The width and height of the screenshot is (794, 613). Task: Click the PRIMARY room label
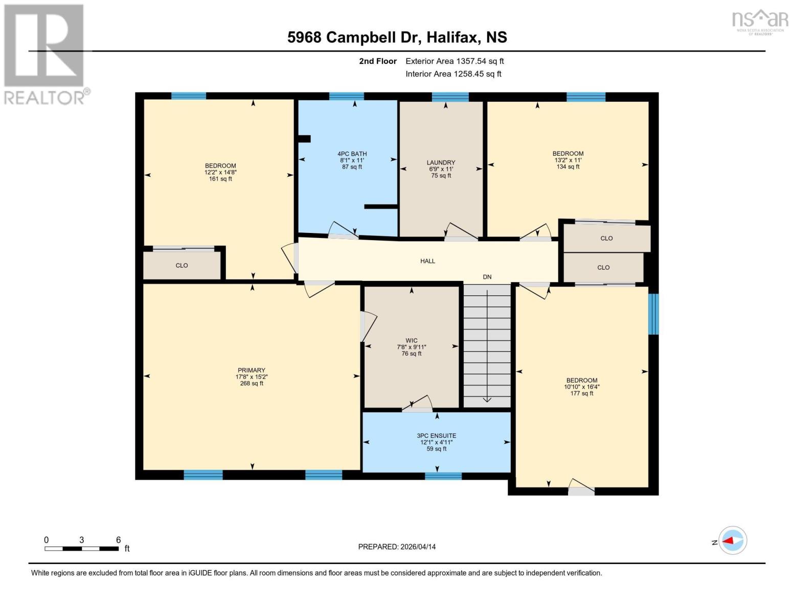252,370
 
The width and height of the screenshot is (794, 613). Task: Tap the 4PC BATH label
352,154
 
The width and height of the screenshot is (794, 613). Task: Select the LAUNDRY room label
441,162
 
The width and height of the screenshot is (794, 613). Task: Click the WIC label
412,341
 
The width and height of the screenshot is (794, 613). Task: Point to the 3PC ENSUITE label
436,436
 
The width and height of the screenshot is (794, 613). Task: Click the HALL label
427,261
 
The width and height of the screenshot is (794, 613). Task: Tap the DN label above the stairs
487,277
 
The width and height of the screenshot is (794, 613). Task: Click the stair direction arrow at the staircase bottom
487,398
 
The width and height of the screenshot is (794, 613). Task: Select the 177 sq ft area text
582,393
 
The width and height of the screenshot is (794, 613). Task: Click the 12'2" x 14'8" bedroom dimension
220,173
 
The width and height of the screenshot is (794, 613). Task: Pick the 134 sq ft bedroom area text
568,167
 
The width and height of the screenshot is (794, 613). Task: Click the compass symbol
732,540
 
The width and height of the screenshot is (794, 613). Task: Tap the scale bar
82,549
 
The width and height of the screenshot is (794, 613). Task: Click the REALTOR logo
45,54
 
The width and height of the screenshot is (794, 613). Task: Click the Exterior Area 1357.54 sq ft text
455,61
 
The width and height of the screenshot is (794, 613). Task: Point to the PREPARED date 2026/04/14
397,547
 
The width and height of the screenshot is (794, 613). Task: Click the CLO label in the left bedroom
182,266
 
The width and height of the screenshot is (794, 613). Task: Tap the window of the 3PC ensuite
443,476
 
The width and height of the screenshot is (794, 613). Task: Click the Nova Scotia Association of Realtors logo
760,21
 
